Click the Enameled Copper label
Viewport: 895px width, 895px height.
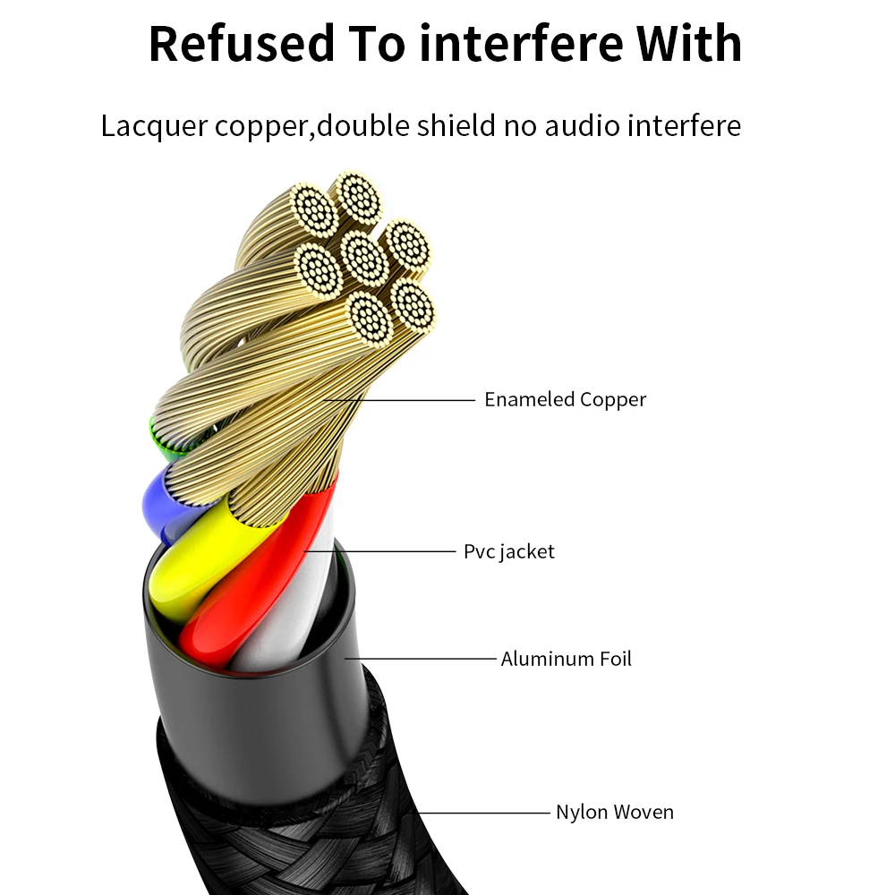tap(565, 399)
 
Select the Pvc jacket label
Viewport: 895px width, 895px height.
tap(508, 551)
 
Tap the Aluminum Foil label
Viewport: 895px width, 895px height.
tap(566, 660)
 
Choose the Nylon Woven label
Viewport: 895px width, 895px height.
tap(614, 813)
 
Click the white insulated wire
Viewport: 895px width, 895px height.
tap(286, 618)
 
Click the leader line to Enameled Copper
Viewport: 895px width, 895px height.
tap(403, 400)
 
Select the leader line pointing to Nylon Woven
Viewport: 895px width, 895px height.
tap(483, 813)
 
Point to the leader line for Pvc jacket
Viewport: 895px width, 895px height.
tap(385, 552)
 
